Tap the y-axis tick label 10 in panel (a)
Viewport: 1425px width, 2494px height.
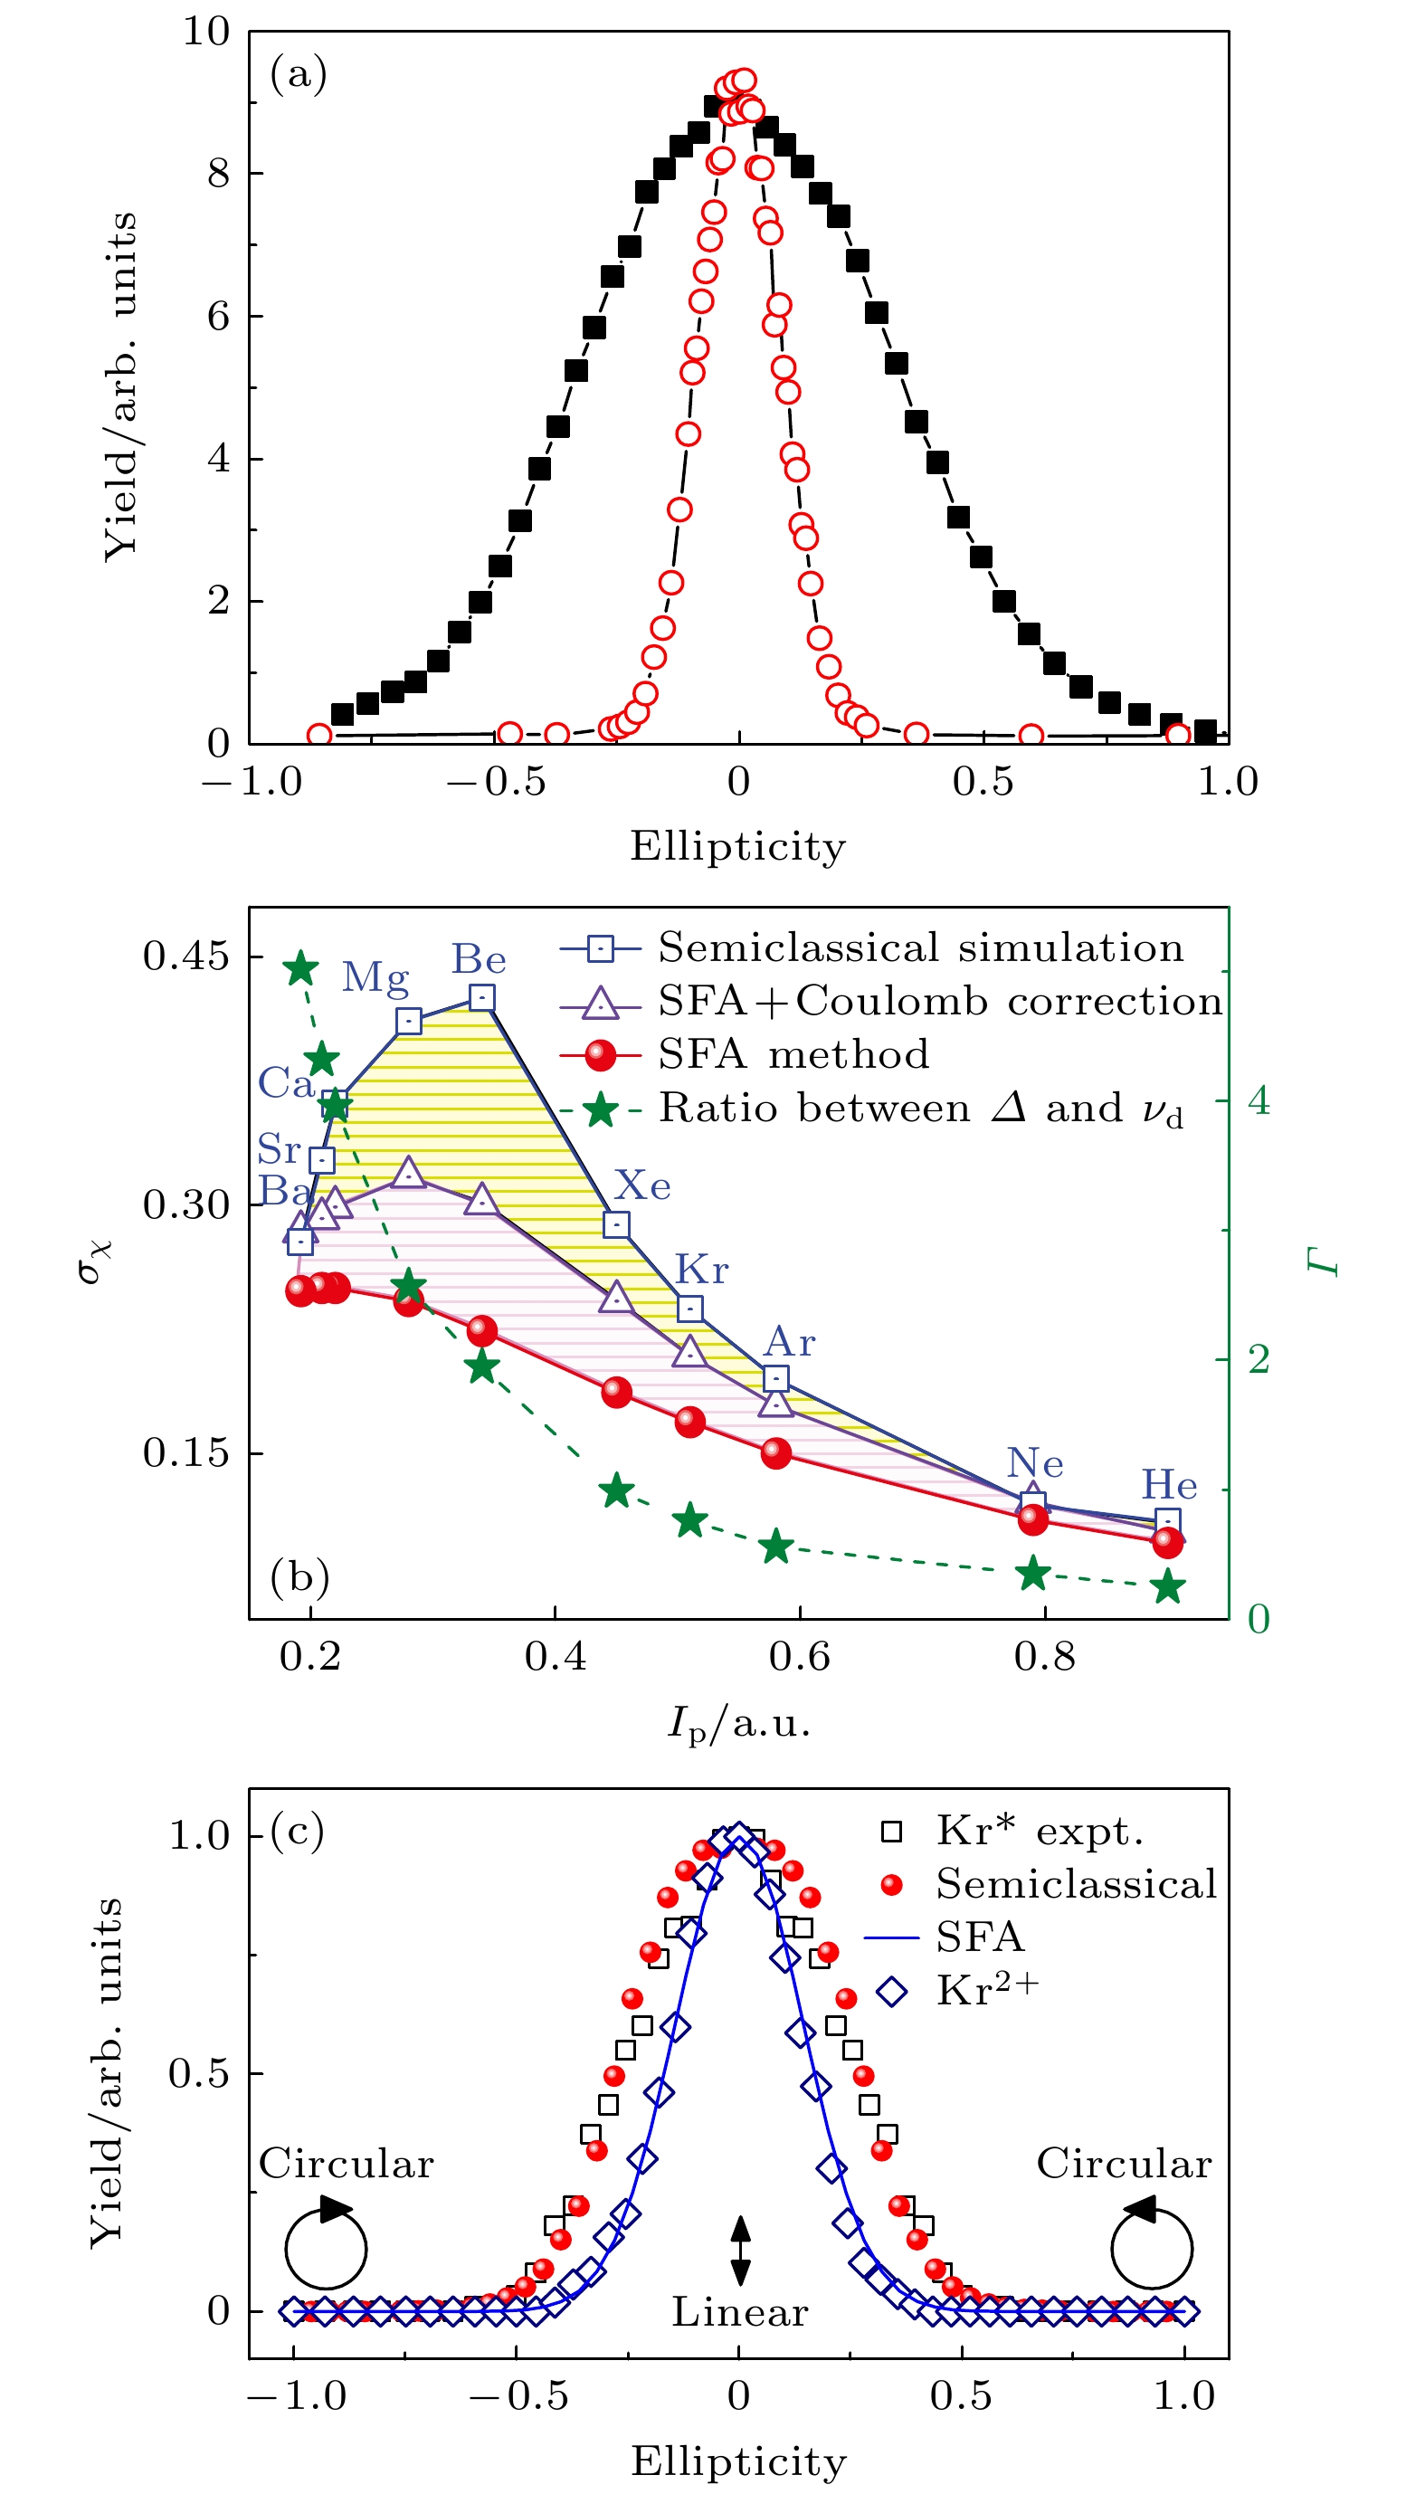click(206, 32)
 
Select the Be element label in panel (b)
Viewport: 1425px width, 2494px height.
click(479, 959)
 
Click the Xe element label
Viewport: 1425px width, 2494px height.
click(642, 1186)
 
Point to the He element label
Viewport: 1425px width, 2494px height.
click(1169, 1486)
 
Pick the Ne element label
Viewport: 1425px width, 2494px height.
click(1034, 1463)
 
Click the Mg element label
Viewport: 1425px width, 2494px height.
click(375, 976)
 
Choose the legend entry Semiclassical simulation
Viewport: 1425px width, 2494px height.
click(920, 947)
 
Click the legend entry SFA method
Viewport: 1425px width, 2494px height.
click(793, 1054)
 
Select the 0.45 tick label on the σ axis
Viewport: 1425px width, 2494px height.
click(186, 956)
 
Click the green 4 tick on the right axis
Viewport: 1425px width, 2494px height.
click(1259, 1101)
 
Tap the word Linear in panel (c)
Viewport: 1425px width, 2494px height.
click(739, 2312)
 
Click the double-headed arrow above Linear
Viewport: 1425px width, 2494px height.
click(741, 2249)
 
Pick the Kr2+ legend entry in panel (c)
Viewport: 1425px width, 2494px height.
click(986, 1990)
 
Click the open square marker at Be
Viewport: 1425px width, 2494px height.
click(481, 997)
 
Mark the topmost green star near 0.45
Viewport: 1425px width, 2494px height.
click(300, 968)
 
